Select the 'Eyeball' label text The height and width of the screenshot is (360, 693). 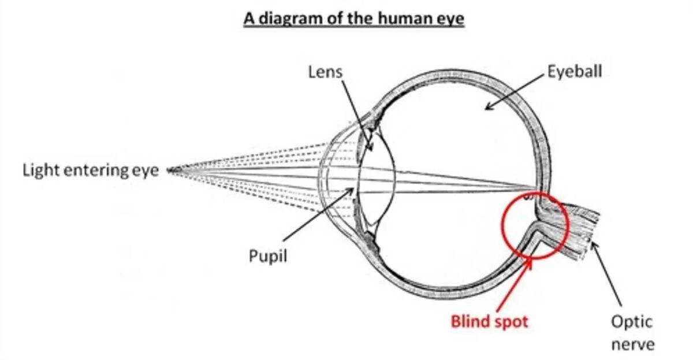click(x=575, y=72)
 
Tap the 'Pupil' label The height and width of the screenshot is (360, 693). click(x=268, y=255)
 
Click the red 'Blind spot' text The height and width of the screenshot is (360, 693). click(x=489, y=321)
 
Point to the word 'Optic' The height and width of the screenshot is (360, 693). click(x=632, y=321)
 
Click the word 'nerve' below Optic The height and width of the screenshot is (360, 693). click(x=633, y=344)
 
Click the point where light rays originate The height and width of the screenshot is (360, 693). click(x=171, y=170)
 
